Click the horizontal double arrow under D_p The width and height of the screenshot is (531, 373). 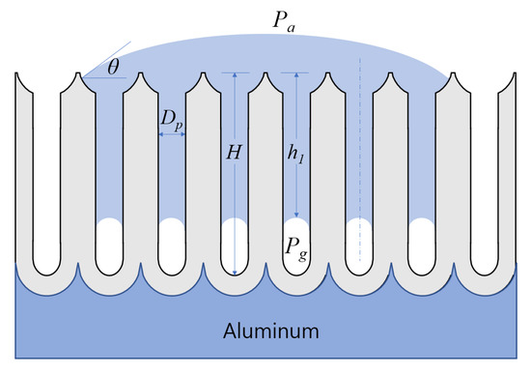(172, 134)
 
